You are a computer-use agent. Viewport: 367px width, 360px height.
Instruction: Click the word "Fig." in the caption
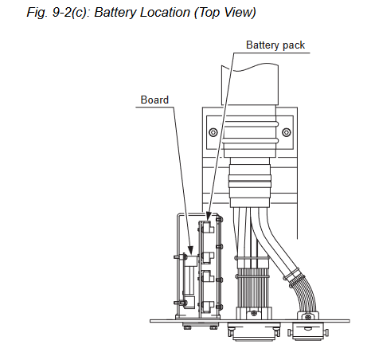pos(37,13)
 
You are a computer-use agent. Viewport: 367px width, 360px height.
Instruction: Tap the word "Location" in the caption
pos(166,13)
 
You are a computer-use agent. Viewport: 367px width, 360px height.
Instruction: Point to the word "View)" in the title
pos(240,13)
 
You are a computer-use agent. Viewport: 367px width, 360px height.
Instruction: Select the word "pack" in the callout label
pos(294,45)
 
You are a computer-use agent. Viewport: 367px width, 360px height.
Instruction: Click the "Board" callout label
pos(154,100)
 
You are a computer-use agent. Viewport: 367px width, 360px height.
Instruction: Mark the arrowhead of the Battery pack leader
pos(209,217)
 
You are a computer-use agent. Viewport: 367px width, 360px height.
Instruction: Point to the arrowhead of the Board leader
pos(190,250)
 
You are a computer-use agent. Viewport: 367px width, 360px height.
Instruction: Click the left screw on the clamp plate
pos(213,132)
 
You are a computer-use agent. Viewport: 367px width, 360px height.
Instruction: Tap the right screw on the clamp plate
pos(287,132)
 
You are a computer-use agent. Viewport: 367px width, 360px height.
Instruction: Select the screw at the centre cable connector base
pos(254,313)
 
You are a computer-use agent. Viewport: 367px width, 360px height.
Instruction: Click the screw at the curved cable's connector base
pos(308,317)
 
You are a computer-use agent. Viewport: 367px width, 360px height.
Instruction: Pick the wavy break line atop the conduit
pos(250,68)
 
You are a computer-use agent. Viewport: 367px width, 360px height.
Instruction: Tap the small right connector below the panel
pos(308,331)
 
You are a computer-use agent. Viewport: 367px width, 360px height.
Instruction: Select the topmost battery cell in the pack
pos(208,228)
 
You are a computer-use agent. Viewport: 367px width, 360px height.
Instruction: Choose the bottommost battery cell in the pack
pos(208,307)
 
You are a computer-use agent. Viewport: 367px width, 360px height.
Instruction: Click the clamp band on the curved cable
pos(292,275)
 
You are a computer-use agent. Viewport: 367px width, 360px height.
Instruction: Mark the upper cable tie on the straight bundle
pos(252,258)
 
